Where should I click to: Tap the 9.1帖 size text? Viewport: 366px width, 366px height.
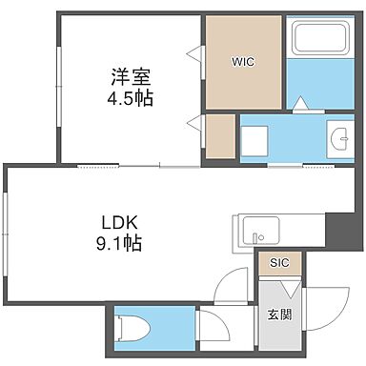pyautogui.click(x=118, y=243)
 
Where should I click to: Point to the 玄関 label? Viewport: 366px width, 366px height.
pyautogui.click(x=279, y=315)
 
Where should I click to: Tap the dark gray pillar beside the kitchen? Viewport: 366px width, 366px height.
pyautogui.click(x=338, y=229)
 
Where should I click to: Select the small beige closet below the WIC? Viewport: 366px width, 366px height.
pyautogui.click(x=220, y=135)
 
